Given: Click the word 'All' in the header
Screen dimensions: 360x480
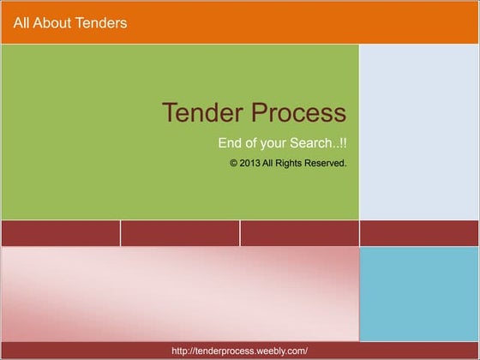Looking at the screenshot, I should [x=22, y=23].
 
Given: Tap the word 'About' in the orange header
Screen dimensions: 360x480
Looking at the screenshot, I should [x=54, y=23].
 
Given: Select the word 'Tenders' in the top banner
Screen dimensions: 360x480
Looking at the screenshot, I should [x=102, y=23].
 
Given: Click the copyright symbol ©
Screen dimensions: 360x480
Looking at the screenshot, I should [x=233, y=163].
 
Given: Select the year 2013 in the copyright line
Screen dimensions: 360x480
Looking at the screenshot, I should [x=249, y=163].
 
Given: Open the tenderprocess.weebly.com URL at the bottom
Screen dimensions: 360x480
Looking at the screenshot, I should [x=239, y=351].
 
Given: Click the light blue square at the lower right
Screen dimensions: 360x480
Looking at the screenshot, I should [x=419, y=294].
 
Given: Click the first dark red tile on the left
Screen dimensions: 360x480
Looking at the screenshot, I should [x=60, y=233].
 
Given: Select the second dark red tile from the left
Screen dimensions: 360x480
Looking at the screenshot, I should [x=180, y=233].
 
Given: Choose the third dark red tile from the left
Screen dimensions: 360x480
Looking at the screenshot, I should [x=300, y=233].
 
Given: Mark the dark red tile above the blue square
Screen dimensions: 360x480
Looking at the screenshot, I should [x=419, y=233].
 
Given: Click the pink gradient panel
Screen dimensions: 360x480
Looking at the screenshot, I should [x=179, y=294].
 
